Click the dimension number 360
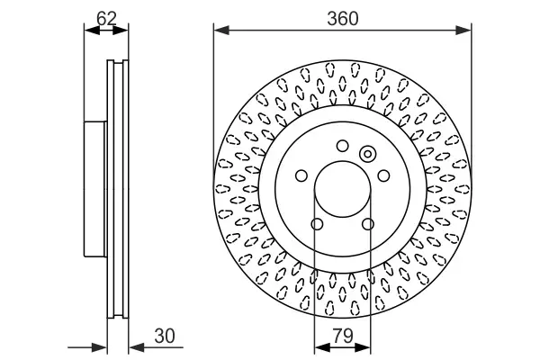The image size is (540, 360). coord(342,17)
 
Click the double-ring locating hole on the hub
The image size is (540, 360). coord(366,154)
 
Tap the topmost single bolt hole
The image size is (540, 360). coord(342,146)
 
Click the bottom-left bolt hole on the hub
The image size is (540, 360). coord(317,224)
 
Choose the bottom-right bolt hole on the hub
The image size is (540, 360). coord(367,224)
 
